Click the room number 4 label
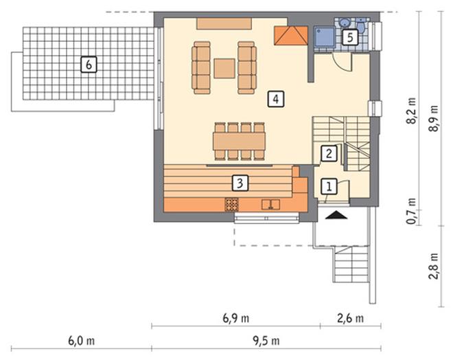(x=276, y=99)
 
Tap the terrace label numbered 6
(x=89, y=64)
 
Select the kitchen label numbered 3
(x=240, y=183)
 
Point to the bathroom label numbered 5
(x=350, y=37)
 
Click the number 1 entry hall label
(x=329, y=186)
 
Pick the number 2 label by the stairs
(x=329, y=153)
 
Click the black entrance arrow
(x=336, y=215)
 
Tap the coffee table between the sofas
(x=224, y=68)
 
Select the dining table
(x=240, y=141)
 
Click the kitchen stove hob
(x=232, y=205)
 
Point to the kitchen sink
(x=270, y=205)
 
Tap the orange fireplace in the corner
(x=291, y=35)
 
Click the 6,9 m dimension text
(x=235, y=318)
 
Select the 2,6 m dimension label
(x=351, y=318)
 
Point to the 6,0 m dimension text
(x=82, y=341)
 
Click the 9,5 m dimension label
(x=266, y=341)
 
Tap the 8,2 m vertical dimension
(x=411, y=111)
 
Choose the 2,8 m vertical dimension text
(x=434, y=266)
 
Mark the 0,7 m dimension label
(x=411, y=212)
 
